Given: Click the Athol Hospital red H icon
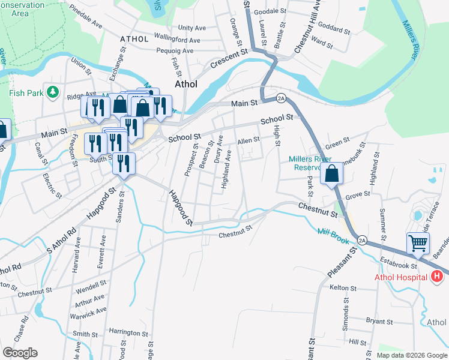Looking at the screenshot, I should (438, 277).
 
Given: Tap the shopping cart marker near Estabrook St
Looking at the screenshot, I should (418, 244).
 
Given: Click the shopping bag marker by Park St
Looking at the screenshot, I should (332, 173).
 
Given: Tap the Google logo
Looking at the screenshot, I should (20, 353).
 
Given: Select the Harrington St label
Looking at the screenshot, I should (128, 332).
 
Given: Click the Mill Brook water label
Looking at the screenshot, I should (333, 235).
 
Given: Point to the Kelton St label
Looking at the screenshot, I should (344, 288).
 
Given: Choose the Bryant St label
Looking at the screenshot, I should (379, 322).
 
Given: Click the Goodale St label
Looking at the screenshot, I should (270, 11).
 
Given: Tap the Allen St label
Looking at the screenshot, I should (248, 140).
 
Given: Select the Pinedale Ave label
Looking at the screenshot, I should (86, 19).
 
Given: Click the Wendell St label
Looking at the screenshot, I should (91, 282).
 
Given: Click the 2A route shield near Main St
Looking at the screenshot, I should (281, 98).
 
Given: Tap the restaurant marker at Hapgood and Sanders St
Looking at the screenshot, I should (124, 163).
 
